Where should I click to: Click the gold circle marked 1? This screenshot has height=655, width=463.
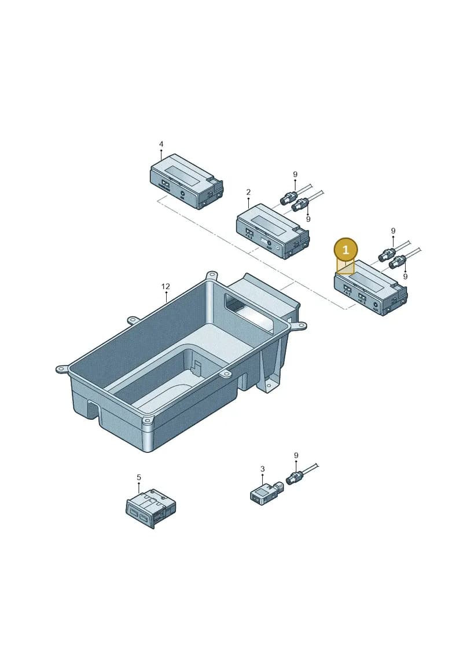[346, 250]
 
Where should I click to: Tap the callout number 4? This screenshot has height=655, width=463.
[161, 144]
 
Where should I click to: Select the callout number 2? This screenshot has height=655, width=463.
[248, 192]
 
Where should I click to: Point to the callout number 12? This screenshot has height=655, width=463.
[166, 286]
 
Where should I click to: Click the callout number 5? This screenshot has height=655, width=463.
[138, 477]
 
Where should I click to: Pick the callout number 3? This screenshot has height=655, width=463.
[262, 469]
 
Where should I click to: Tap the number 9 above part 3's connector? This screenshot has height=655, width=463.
[296, 455]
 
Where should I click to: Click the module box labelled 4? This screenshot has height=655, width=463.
[186, 181]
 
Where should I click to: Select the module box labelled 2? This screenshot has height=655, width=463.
[273, 231]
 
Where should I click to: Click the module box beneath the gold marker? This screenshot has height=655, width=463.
[371, 288]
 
